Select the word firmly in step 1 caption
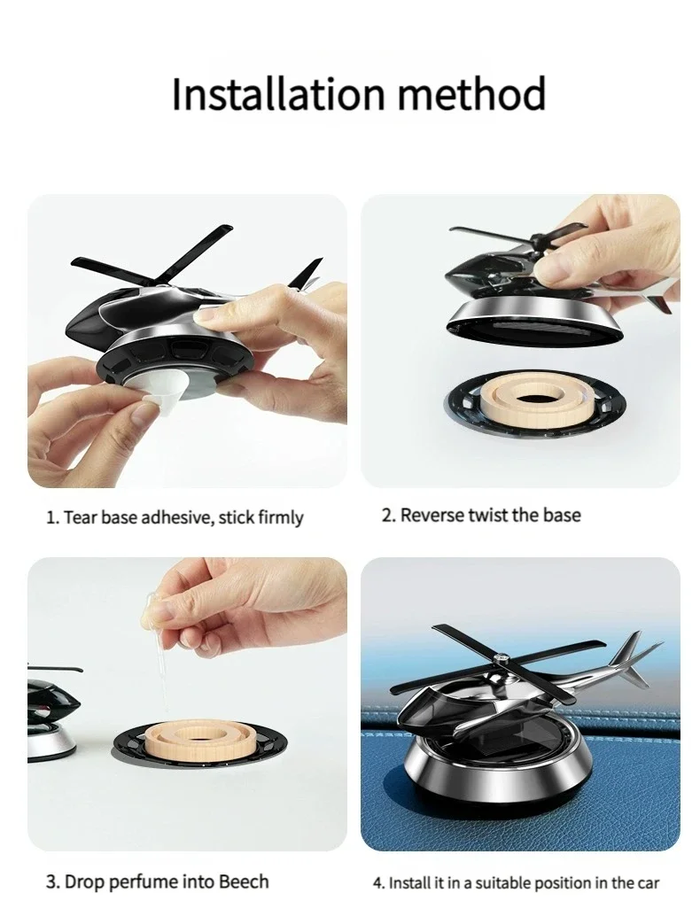280,517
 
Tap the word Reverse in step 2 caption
434,515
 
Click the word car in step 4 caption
649,882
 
